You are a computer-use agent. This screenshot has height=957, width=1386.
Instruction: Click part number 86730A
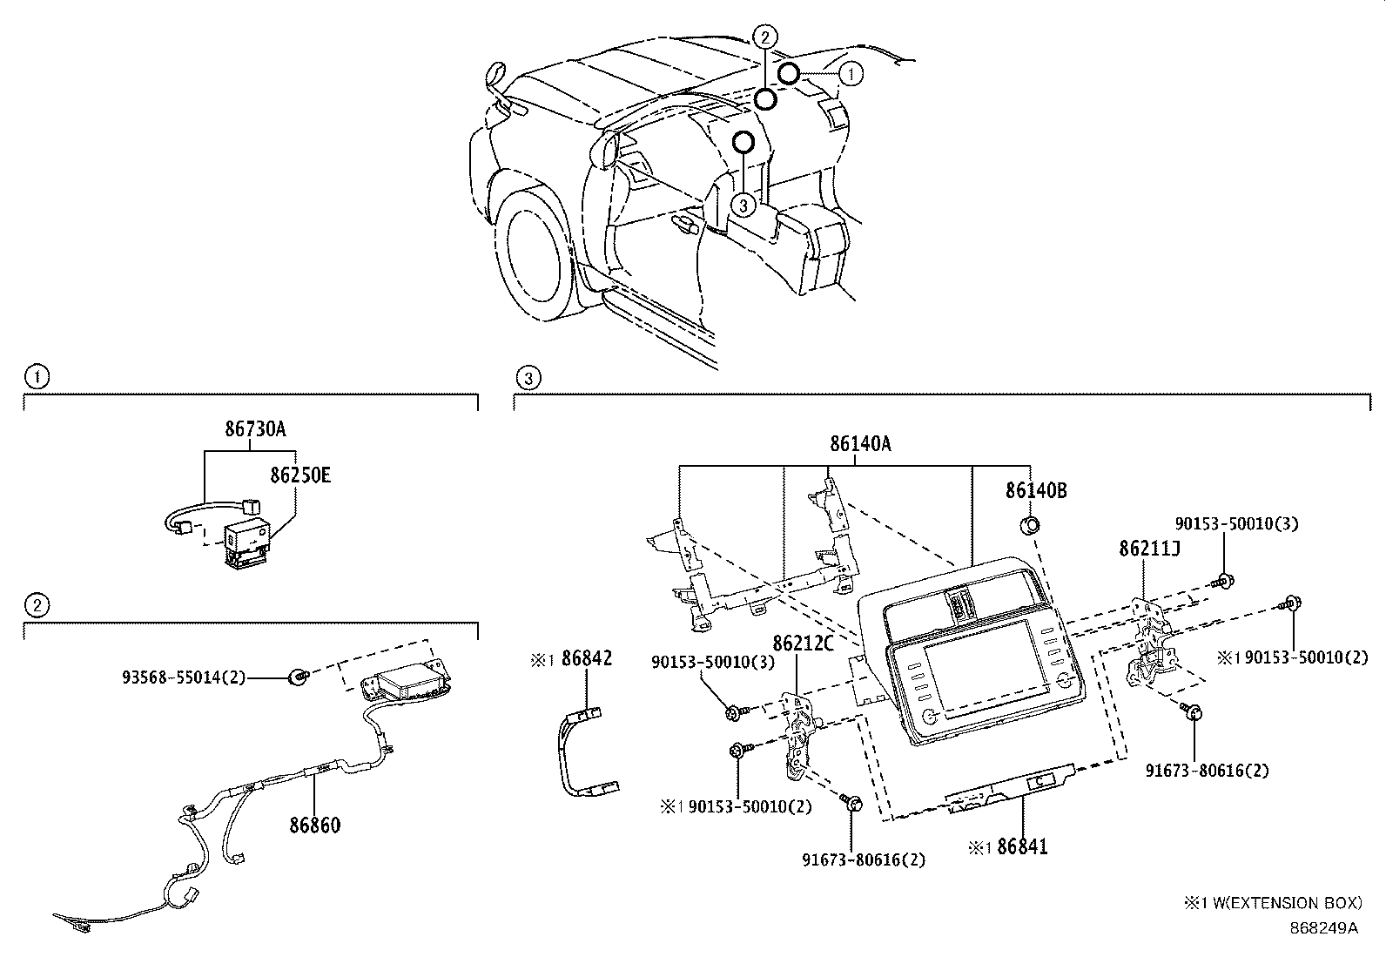pos(255,429)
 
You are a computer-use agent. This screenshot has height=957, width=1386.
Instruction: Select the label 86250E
pos(299,475)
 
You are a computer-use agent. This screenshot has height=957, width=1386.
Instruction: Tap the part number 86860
pos(314,825)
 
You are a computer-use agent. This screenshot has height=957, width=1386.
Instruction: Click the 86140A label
pos(859,443)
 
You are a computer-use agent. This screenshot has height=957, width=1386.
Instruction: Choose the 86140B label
pos(1036,490)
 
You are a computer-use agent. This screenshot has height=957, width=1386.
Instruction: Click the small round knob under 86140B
pos(1029,524)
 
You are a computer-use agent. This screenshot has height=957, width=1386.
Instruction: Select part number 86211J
pos(1149,549)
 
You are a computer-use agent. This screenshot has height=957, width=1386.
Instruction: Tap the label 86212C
pos(804,644)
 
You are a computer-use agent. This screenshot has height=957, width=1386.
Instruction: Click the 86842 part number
pos(587,658)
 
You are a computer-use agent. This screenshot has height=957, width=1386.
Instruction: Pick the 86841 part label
pos(1022,846)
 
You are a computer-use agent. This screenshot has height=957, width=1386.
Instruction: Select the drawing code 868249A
pos(1323,927)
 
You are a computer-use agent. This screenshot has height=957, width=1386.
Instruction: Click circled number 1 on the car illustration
pos(851,75)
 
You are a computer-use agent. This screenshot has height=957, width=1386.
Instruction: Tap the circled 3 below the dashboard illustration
pos(742,205)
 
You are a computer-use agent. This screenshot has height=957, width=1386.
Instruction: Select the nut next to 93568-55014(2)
pos(299,676)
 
